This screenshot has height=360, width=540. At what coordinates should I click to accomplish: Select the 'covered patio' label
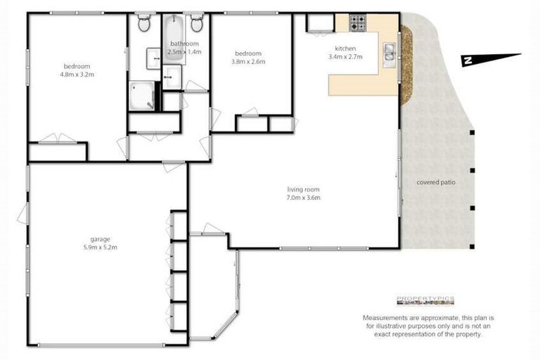click(435, 182)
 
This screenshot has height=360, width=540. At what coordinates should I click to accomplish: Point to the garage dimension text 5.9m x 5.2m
click(99, 247)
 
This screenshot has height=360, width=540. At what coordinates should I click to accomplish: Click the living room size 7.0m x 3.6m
click(304, 198)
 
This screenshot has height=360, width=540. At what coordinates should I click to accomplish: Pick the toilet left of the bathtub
click(144, 24)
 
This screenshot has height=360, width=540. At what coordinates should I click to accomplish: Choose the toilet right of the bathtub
click(197, 24)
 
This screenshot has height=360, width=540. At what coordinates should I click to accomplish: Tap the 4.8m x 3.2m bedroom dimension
click(77, 75)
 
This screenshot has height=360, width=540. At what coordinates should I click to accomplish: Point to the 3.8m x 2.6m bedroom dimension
click(248, 62)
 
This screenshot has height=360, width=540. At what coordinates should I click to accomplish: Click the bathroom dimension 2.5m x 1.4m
click(184, 51)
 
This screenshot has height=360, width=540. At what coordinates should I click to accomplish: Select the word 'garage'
click(99, 239)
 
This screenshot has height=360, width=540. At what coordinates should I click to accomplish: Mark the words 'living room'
click(304, 189)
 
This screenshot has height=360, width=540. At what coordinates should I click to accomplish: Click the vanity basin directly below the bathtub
click(172, 75)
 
